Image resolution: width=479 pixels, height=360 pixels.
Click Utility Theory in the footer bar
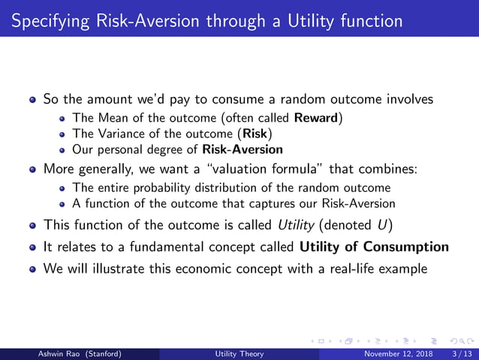tap(239, 354)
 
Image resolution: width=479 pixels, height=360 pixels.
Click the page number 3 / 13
tap(458, 354)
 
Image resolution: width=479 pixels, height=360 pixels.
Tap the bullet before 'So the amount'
tap(33, 99)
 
